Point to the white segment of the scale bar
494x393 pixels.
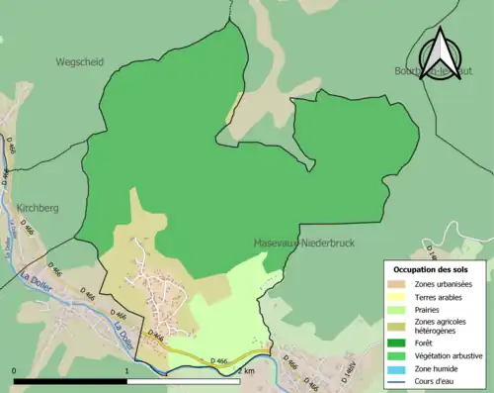(183, 380)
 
